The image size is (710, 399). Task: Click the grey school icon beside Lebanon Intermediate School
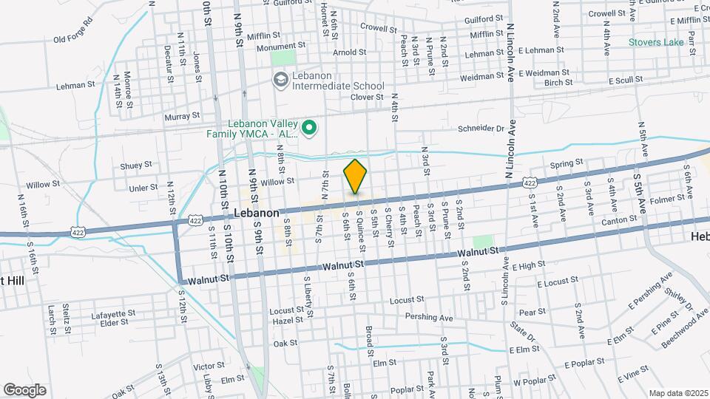click(x=280, y=79)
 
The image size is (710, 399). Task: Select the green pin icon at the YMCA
click(x=311, y=129)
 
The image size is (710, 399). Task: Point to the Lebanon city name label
click(x=256, y=213)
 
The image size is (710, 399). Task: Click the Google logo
click(x=24, y=390)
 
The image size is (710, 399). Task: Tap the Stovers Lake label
click(x=656, y=42)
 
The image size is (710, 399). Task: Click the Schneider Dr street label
click(x=481, y=128)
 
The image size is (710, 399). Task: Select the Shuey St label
click(x=136, y=165)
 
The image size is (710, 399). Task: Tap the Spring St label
click(x=567, y=162)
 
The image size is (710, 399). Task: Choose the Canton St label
click(x=618, y=219)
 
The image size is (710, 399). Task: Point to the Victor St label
click(x=208, y=366)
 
